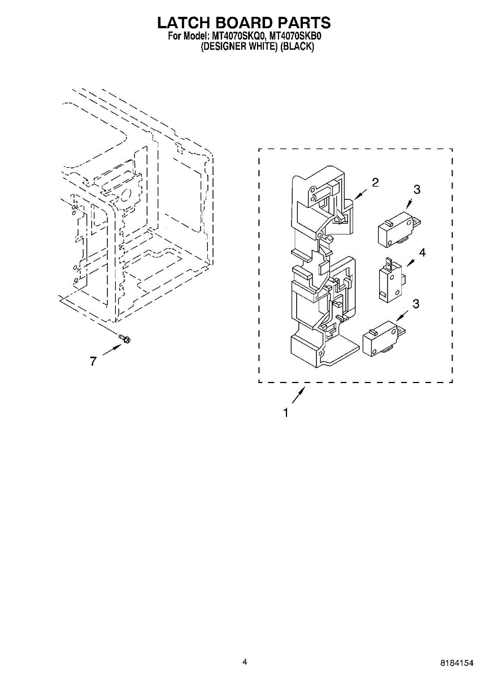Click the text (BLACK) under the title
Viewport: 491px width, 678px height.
(x=297, y=46)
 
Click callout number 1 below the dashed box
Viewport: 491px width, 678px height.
(x=286, y=413)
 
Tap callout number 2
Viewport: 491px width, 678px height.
(x=375, y=182)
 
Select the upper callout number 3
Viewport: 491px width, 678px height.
(x=417, y=190)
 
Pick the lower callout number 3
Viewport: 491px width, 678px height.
(x=416, y=304)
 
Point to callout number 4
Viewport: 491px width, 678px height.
(x=422, y=252)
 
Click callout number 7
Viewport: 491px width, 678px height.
(x=93, y=361)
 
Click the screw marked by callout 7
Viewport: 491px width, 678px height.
(x=124, y=338)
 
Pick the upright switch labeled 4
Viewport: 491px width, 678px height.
(x=392, y=279)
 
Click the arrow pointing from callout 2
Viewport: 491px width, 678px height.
(x=361, y=194)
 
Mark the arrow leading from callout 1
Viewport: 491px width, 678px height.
(x=298, y=395)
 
